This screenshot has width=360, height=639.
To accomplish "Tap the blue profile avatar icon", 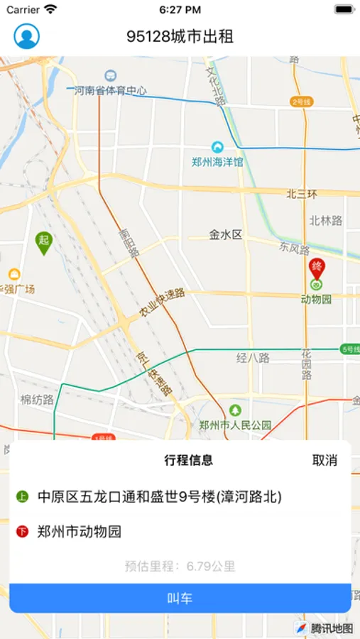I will point(27,36).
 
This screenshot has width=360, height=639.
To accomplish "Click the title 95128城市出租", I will point(180,36).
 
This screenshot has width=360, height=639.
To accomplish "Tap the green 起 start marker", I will point(44,242).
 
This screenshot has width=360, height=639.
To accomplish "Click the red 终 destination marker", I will point(317,269).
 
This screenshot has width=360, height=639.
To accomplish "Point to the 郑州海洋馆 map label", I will point(217,162).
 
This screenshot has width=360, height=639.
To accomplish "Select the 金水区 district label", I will point(226,234).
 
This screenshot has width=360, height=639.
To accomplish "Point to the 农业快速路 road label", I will point(162,303).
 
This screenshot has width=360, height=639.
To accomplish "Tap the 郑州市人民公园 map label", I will point(235,425).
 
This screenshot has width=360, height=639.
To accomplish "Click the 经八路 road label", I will point(253,358).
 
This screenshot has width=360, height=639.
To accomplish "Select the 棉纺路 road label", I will point(38,400).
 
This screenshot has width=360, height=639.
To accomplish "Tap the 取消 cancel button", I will point(324,460).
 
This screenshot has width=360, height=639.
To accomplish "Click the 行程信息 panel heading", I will point(188,460).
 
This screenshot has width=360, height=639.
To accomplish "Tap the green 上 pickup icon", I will point(22,497).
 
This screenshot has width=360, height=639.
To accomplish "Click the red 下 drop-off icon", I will point(22,531).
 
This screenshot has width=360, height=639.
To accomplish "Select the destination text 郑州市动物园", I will point(80,531).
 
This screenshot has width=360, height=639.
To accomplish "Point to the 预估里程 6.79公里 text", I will point(180,566).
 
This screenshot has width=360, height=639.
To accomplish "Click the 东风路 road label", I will point(295,249).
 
